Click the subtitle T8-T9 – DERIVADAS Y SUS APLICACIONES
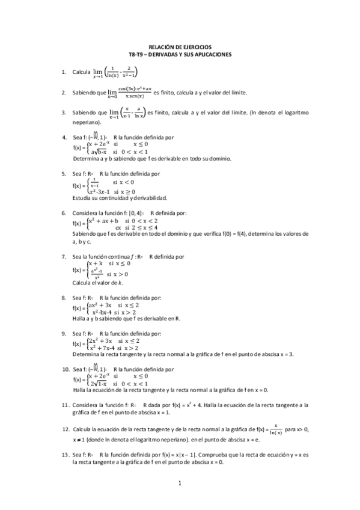tap(180, 54)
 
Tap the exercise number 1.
tap(64, 72)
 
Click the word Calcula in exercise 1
tap(81, 72)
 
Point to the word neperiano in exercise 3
tap(85, 122)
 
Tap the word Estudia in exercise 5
tap(83, 198)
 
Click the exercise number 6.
tap(64, 213)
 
